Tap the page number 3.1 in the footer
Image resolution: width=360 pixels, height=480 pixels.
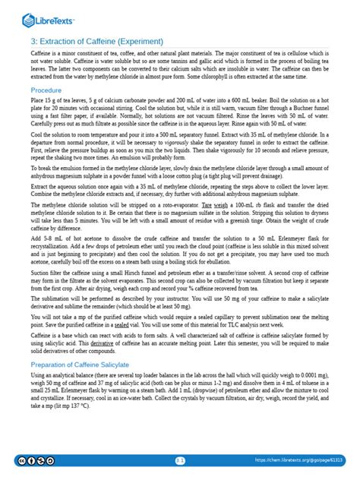tap(180, 460)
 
